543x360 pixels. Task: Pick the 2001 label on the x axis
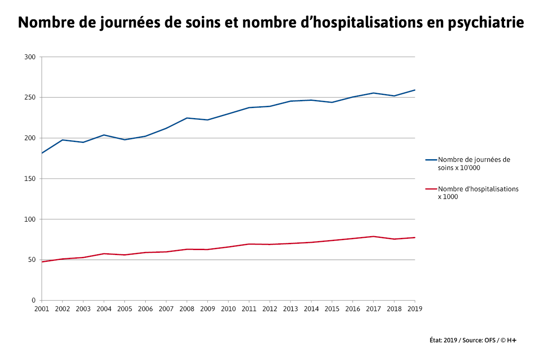pyautogui.click(x=42, y=308)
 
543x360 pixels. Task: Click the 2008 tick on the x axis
pyautogui.click(x=187, y=308)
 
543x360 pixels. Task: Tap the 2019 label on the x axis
pyautogui.click(x=415, y=308)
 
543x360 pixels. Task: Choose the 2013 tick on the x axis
pyautogui.click(x=291, y=308)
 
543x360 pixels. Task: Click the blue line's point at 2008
pyautogui.click(x=187, y=118)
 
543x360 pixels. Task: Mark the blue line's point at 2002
pyautogui.click(x=62, y=140)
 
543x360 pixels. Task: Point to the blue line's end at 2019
pyautogui.click(x=415, y=90)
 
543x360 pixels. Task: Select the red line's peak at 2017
pyautogui.click(x=373, y=237)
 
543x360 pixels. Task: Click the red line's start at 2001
pyautogui.click(x=42, y=262)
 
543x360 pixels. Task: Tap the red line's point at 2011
pyautogui.click(x=249, y=244)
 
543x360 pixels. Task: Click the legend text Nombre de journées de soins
pyautogui.click(x=474, y=164)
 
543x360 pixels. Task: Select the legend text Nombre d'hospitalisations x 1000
pyautogui.click(x=478, y=193)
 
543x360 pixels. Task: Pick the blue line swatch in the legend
pyautogui.click(x=431, y=160)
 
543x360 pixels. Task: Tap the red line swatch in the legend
pyautogui.click(x=431, y=189)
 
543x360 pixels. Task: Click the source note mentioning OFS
pyautogui.click(x=473, y=340)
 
